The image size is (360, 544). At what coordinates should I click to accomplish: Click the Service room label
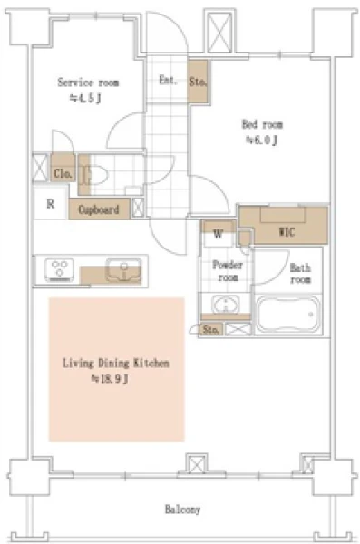[88, 83]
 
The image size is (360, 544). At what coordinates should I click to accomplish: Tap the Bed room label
[262, 124]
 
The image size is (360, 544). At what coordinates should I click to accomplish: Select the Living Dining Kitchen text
[116, 363]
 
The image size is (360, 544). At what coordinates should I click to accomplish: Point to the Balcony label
[182, 510]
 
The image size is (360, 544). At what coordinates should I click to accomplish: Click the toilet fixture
[94, 174]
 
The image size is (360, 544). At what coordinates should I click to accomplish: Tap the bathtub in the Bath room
[287, 315]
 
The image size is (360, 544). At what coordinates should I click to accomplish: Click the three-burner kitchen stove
[59, 269]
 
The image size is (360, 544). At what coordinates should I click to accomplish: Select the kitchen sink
[123, 270]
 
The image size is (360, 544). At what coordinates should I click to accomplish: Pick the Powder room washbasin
[225, 305]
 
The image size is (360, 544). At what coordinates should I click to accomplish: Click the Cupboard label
[99, 209]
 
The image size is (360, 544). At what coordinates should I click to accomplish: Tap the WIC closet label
[287, 232]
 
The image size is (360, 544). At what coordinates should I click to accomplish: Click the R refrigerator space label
[51, 204]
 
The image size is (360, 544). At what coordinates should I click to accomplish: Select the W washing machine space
[218, 235]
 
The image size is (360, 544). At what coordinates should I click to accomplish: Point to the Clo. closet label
[63, 173]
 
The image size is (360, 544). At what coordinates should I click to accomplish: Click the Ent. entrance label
[168, 80]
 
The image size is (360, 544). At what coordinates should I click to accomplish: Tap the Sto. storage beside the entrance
[198, 82]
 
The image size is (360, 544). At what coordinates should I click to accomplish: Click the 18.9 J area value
[110, 379]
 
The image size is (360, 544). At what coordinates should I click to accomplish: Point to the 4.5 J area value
[85, 98]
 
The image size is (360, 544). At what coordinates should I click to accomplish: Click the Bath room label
[300, 274]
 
